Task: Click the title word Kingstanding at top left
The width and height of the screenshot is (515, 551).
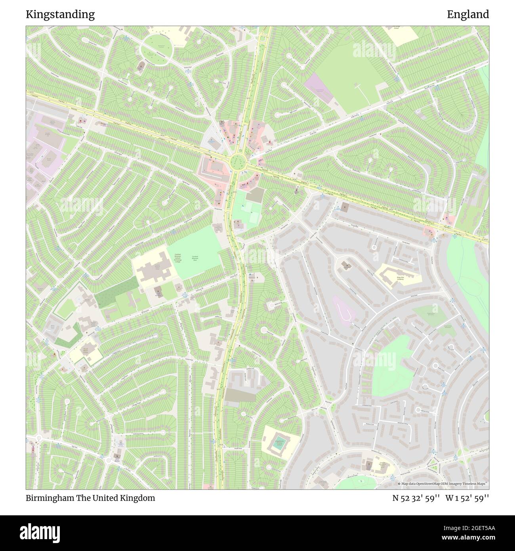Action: [x=60, y=15]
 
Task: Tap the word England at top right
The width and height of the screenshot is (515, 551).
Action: [x=468, y=15]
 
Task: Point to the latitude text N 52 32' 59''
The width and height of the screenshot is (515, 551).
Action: [x=415, y=498]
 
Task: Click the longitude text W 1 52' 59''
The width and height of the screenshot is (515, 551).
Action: [x=467, y=498]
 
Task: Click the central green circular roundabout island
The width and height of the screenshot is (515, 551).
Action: [x=237, y=161]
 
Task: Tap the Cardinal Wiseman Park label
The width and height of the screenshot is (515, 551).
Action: [x=195, y=258]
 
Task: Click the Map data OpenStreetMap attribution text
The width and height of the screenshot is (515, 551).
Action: [x=443, y=484]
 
